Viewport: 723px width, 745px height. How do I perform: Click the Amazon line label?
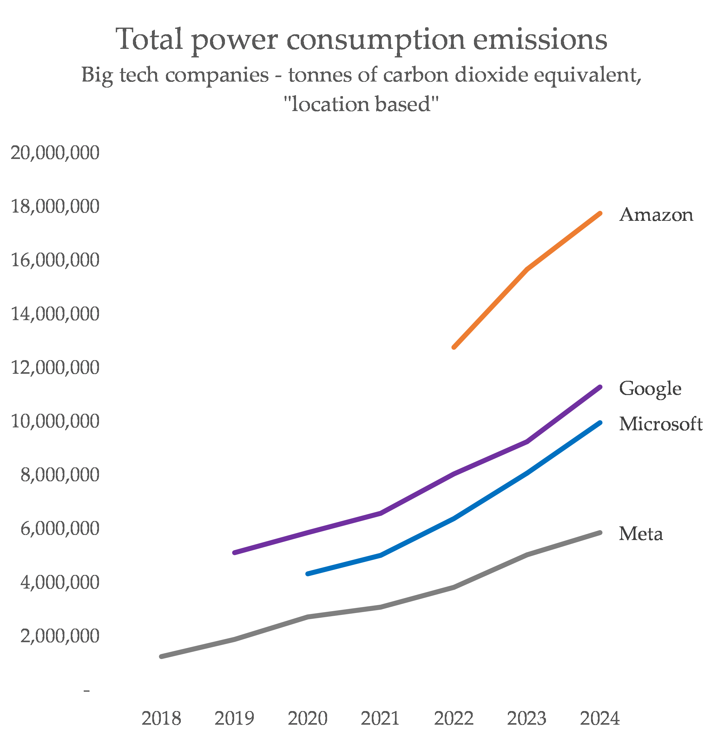click(656, 215)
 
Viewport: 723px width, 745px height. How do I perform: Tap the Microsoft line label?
click(661, 424)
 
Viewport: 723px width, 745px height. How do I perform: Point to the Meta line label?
click(641, 534)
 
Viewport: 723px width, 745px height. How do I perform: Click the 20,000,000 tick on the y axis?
click(55, 153)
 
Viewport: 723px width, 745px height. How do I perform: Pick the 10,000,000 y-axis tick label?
click(55, 421)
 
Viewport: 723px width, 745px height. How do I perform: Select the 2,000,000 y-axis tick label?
click(60, 636)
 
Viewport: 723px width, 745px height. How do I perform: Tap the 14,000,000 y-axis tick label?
click(55, 314)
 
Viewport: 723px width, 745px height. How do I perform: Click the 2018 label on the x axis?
click(161, 718)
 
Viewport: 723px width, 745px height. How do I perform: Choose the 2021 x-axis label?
click(380, 718)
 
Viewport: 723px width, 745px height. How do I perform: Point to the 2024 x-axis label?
click(600, 718)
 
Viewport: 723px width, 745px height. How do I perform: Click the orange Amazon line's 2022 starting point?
click(454, 347)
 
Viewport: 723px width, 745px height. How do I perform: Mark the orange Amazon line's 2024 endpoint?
click(600, 213)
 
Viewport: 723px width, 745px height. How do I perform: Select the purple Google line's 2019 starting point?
click(234, 553)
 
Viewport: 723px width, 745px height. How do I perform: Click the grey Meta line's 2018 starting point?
click(161, 656)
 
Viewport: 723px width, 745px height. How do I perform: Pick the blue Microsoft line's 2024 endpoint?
click(600, 423)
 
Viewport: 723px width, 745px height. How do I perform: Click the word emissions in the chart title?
click(540, 40)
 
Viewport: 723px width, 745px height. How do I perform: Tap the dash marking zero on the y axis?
click(87, 690)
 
